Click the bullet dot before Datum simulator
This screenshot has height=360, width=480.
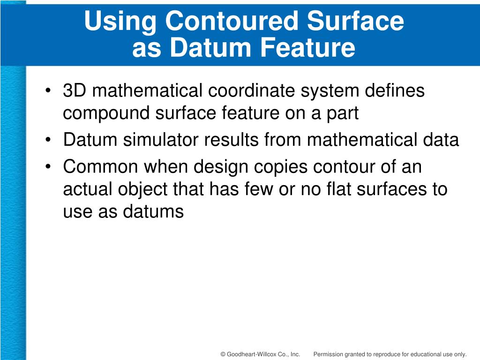pos(49,140)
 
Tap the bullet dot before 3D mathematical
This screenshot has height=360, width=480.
pos(49,91)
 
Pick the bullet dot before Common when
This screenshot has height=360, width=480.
pos(49,167)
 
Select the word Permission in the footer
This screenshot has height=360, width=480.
pos(329,354)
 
